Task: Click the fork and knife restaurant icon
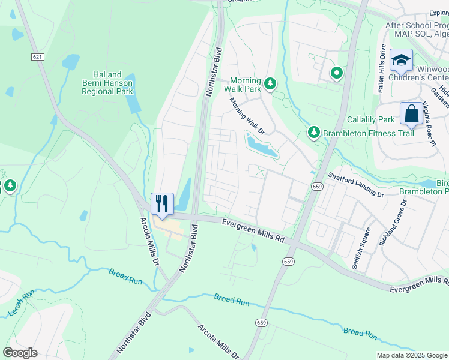pyautogui.click(x=161, y=203)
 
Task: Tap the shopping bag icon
pyautogui.click(x=411, y=113)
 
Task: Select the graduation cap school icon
pyautogui.click(x=400, y=60)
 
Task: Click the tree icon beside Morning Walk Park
pyautogui.click(x=270, y=83)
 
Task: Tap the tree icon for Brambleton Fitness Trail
pyautogui.click(x=313, y=132)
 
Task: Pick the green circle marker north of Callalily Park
pyautogui.click(x=337, y=74)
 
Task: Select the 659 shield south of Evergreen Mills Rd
pyautogui.click(x=288, y=262)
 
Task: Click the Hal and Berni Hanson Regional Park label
pyautogui.click(x=108, y=83)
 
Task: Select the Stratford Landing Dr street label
pyautogui.click(x=355, y=185)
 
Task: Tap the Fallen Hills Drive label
pyautogui.click(x=381, y=60)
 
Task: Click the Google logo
pyautogui.click(x=20, y=352)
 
